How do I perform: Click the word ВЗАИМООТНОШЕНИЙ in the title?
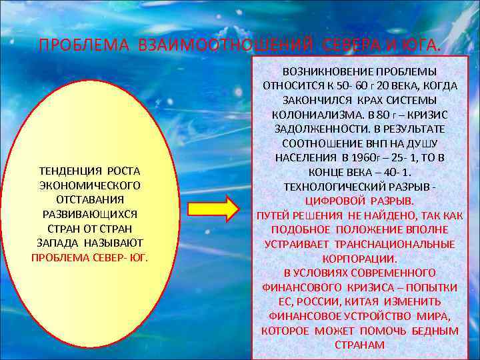point(225,45)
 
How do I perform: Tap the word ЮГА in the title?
point(421,45)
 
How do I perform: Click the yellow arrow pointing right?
point(213,208)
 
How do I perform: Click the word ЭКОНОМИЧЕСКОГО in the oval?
point(89,185)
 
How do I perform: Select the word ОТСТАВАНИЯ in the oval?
point(89,199)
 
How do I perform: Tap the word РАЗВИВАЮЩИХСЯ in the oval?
point(89,214)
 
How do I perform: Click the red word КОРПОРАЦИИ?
point(359,259)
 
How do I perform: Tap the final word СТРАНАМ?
point(359,345)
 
